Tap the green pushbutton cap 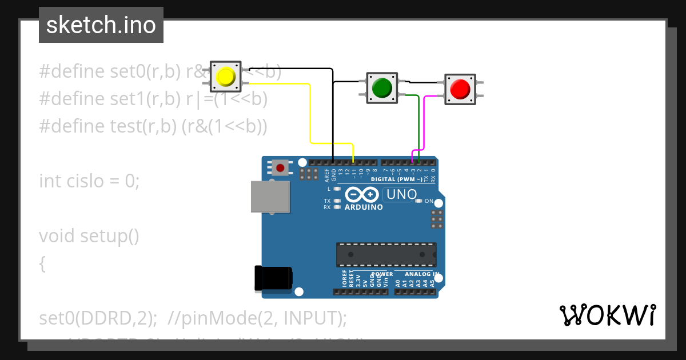click(x=381, y=87)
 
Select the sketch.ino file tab click(x=101, y=25)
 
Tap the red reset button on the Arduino click(x=280, y=168)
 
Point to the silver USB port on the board click(x=270, y=197)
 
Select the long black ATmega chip click(x=386, y=255)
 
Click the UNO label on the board click(x=401, y=195)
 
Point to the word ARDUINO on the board click(x=364, y=207)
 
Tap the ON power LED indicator click(x=418, y=201)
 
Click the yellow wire click(x=310, y=114)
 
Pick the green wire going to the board click(x=419, y=126)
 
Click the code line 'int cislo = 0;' click(x=89, y=181)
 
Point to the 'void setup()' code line click(x=89, y=235)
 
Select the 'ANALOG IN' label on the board click(x=422, y=274)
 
